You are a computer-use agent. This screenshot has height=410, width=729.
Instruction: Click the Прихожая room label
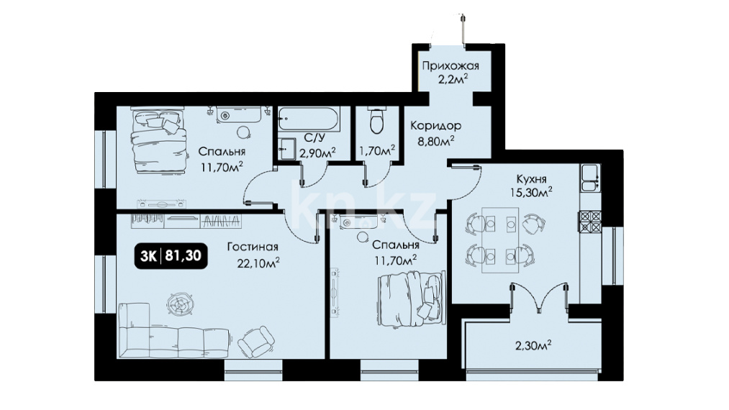[x=450, y=65]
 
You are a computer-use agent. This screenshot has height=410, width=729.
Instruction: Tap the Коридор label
[x=435, y=125]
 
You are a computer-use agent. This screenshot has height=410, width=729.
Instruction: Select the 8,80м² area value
[x=435, y=140]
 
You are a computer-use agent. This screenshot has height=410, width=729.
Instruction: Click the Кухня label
[x=531, y=179]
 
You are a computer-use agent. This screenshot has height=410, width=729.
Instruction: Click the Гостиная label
[x=253, y=247]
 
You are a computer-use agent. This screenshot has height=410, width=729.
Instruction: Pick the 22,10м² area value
[x=258, y=263]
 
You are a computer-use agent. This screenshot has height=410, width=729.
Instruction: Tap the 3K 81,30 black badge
[x=171, y=255]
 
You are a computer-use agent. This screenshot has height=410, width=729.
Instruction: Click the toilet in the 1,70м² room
[x=376, y=120]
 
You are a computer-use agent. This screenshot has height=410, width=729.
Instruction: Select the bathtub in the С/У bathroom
[x=309, y=119]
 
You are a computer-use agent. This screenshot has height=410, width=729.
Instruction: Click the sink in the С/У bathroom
[x=287, y=149]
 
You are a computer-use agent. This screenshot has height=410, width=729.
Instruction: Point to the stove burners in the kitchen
[x=589, y=222]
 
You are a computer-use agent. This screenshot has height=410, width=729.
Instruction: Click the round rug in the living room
[x=180, y=304]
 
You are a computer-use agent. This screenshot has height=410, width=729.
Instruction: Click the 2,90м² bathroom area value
[x=317, y=152]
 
